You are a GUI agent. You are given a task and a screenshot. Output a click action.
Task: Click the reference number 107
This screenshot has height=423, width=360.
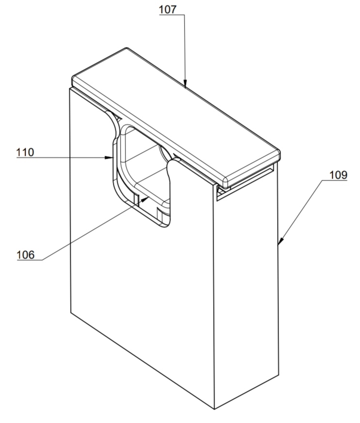coord(168,10)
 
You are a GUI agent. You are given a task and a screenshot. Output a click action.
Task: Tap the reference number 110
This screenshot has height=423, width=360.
coord(25,152)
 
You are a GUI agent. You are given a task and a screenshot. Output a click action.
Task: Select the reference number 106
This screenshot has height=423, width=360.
coord(26,255)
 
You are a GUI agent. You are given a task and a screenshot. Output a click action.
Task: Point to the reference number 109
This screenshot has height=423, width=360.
coord(338,175)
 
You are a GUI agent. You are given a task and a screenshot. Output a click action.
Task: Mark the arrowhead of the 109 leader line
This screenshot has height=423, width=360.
coord(281,241)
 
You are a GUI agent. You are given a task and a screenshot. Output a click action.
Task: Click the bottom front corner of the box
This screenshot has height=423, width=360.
coord(215,409)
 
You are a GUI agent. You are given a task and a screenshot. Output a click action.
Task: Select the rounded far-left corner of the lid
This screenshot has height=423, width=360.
coord(74,79)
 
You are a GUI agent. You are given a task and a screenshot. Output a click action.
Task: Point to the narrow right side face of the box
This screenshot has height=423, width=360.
coord(246,297)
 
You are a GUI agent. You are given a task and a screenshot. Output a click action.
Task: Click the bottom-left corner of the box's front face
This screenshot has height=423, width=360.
coord(71,313)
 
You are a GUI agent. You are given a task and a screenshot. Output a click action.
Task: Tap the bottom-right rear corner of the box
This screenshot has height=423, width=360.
coord(279,375)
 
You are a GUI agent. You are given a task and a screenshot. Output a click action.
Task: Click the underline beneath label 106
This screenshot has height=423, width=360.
coord(30,260)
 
